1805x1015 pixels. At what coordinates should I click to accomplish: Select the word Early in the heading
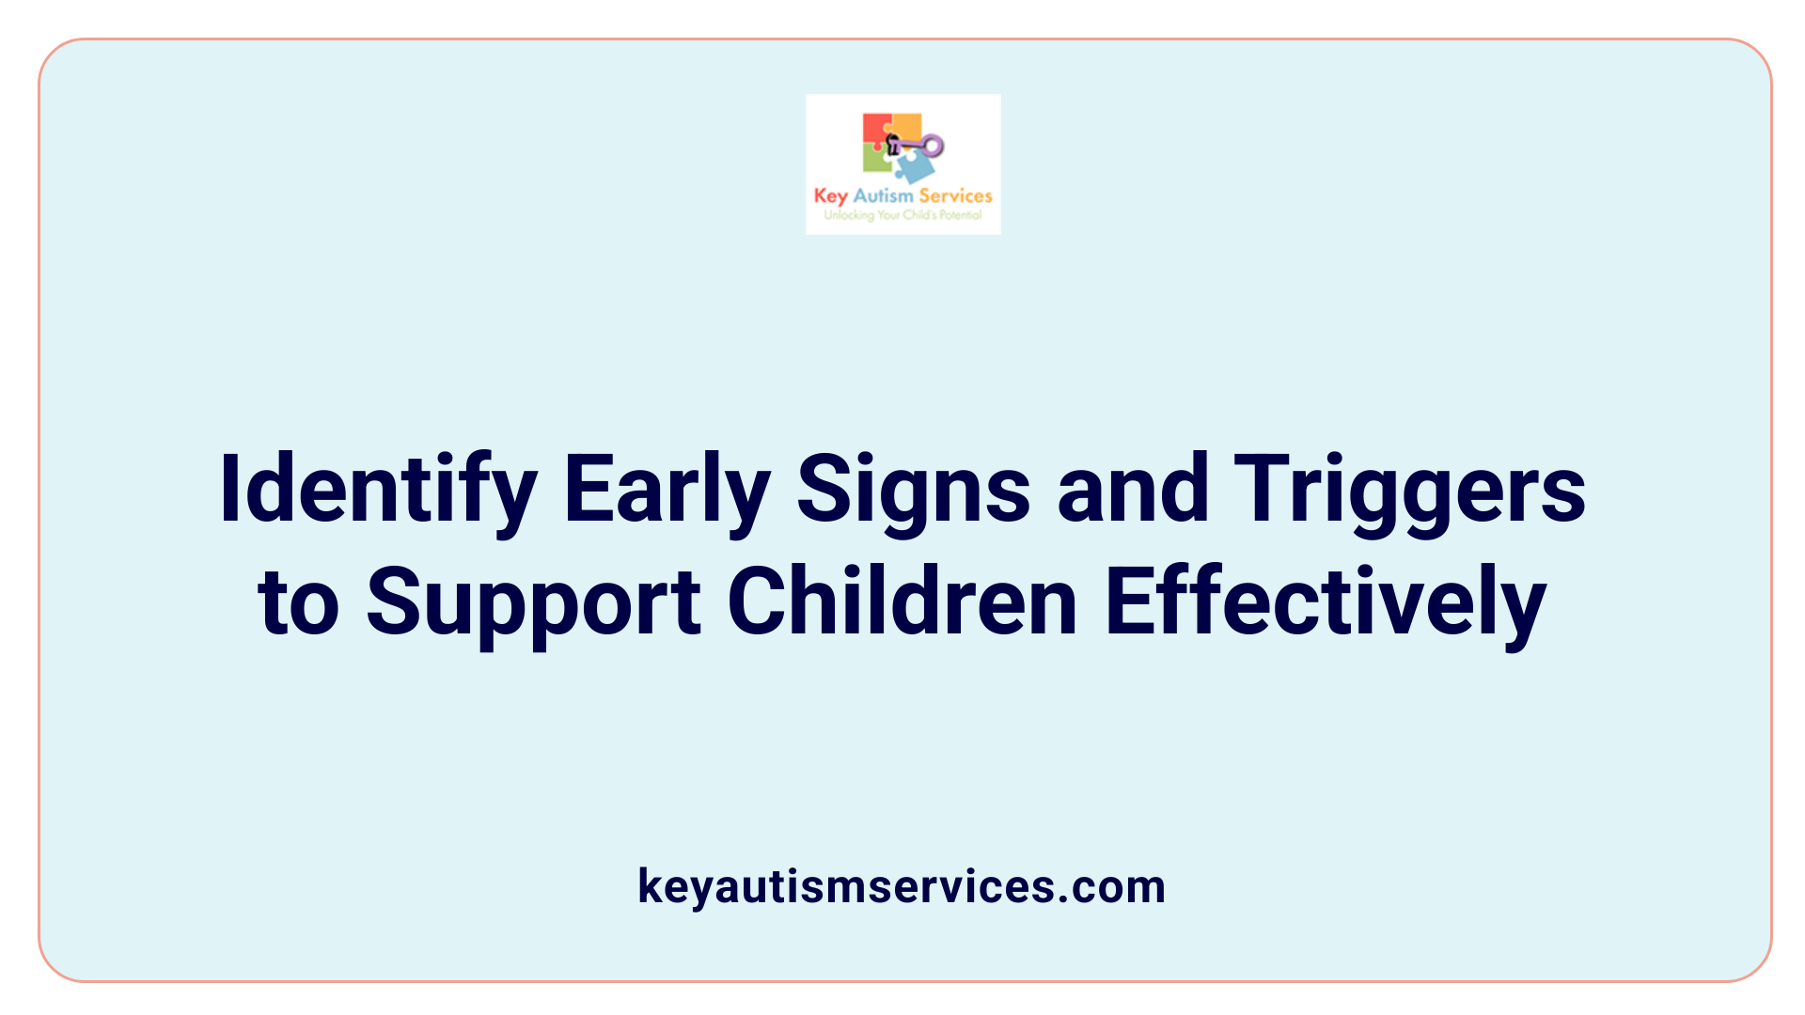click(x=667, y=491)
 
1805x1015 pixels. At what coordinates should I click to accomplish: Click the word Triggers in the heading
click(x=1409, y=491)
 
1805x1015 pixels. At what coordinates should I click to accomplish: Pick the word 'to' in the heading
click(x=298, y=602)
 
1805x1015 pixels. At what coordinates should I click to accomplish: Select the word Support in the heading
click(x=533, y=602)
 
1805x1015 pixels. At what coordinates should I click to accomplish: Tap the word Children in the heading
click(x=902, y=602)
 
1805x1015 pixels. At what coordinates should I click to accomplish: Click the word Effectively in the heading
click(x=1326, y=602)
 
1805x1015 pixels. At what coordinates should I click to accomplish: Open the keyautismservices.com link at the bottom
click(x=902, y=886)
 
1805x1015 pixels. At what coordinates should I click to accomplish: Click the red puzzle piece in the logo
click(x=875, y=130)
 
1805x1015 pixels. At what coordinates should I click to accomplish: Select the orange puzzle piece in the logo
click(x=907, y=126)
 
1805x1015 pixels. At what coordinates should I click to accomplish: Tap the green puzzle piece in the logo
click(x=876, y=160)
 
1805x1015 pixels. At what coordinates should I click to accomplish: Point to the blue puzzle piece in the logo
click(x=914, y=167)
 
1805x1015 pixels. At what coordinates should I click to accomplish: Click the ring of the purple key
click(x=933, y=145)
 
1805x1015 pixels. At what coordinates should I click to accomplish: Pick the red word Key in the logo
click(x=831, y=196)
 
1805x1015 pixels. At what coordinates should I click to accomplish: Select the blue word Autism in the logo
click(x=883, y=195)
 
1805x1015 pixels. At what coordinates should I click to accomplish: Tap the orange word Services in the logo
click(x=955, y=195)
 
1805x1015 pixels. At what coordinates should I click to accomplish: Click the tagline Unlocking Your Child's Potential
click(x=902, y=215)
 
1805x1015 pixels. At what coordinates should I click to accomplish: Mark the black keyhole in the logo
click(x=894, y=144)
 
